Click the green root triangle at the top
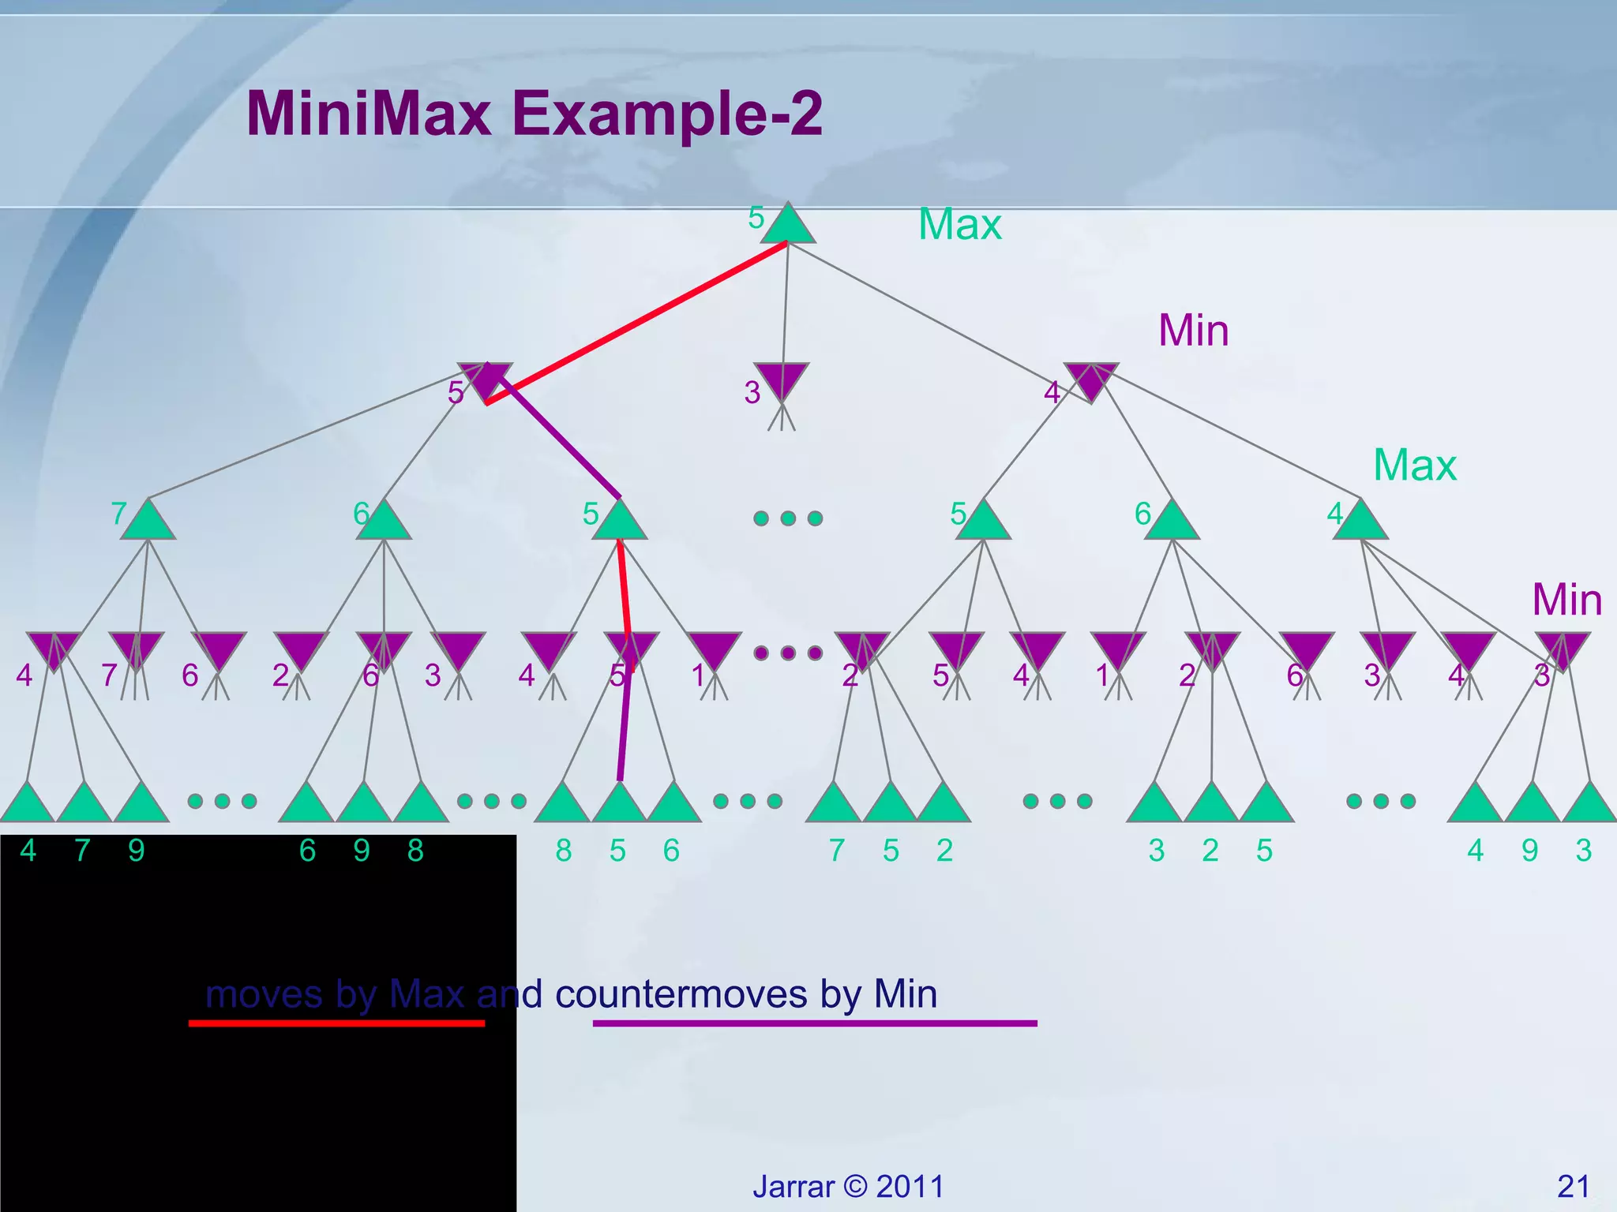point(787,226)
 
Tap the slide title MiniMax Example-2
point(535,114)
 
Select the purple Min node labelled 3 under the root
point(781,380)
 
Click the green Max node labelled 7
point(148,522)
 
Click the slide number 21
point(1573,1186)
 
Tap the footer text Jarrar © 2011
point(848,1186)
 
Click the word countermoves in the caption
point(681,994)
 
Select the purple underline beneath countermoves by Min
point(814,1023)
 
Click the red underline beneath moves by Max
point(336,1023)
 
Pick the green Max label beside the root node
point(959,225)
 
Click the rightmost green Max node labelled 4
point(1360,522)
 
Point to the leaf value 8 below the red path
point(564,851)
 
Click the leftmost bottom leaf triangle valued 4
point(28,805)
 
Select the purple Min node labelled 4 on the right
point(1090,380)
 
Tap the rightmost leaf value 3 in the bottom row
point(1583,851)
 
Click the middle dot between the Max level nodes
point(788,518)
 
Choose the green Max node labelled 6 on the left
point(384,522)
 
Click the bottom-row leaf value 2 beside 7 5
point(945,851)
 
